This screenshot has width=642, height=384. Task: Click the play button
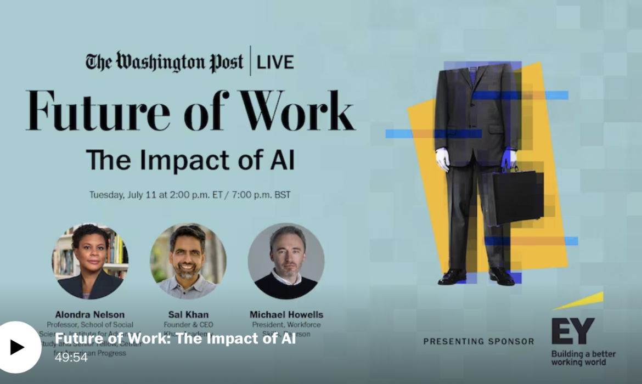click(18, 347)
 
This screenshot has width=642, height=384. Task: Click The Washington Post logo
click(164, 61)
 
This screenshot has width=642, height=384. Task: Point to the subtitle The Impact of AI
click(190, 160)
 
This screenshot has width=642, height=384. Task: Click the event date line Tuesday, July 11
click(190, 195)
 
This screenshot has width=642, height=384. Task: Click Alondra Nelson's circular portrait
click(91, 261)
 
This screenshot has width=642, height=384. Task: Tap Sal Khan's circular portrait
click(188, 261)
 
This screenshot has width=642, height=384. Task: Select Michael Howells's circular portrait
click(286, 261)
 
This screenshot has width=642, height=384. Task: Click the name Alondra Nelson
click(90, 314)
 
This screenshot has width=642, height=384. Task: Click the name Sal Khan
click(188, 314)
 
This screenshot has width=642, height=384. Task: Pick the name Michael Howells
click(286, 314)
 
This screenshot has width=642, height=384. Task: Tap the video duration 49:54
click(71, 357)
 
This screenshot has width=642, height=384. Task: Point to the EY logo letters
click(572, 331)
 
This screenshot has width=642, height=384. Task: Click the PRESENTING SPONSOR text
click(478, 341)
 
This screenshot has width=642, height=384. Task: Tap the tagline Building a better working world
click(583, 358)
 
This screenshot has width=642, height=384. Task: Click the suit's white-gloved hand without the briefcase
click(443, 159)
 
